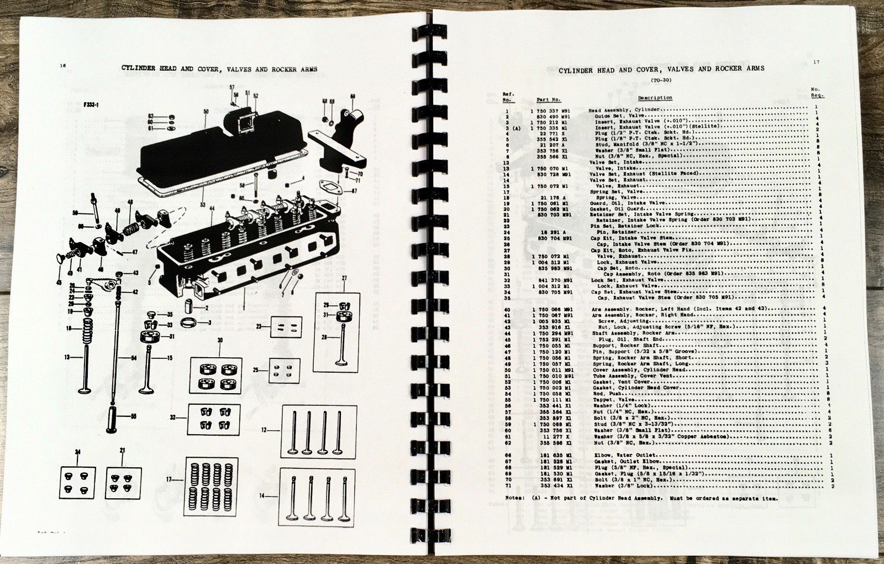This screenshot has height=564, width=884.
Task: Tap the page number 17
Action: [x=815, y=62]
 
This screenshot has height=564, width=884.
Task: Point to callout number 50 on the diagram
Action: [x=206, y=112]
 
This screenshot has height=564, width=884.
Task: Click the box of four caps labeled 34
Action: [x=77, y=483]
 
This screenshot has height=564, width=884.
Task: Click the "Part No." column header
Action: [x=548, y=100]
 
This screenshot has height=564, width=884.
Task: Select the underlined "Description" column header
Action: [x=655, y=98]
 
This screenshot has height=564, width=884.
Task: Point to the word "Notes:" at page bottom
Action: [x=516, y=498]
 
